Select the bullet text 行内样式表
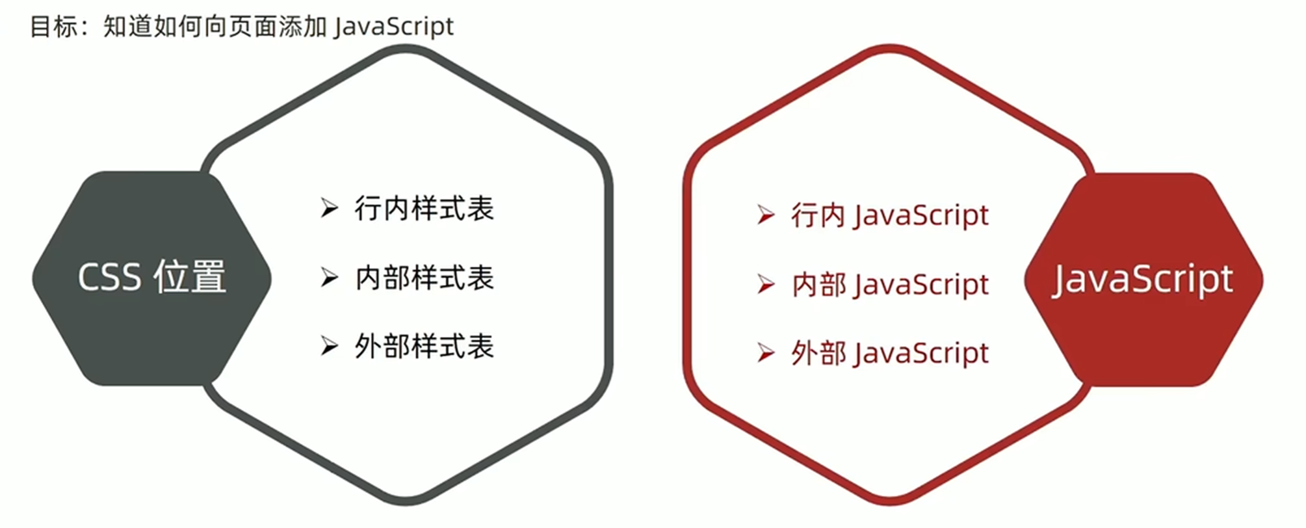[x=424, y=209]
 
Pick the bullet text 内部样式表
[x=424, y=278]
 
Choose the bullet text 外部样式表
[x=424, y=347]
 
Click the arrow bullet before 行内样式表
[x=330, y=209]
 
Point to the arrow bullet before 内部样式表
[x=330, y=278]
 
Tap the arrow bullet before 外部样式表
[x=330, y=347]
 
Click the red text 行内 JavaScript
[x=889, y=215]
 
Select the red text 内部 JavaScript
[x=889, y=285]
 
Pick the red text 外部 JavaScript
[x=889, y=354]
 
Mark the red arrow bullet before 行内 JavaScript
[x=766, y=215]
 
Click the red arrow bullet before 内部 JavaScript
[x=766, y=285]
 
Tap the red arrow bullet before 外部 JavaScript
[x=766, y=354]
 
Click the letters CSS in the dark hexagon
[x=109, y=278]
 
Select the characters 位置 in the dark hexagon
[x=189, y=277]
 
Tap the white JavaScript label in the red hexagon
[x=1142, y=280]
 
